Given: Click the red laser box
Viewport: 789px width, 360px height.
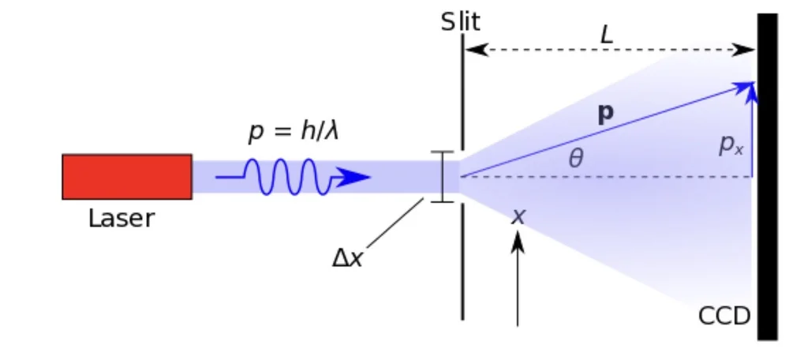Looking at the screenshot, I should (x=127, y=176).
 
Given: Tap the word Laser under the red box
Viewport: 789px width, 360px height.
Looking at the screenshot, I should (x=122, y=218).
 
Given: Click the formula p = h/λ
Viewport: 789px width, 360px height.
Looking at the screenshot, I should (x=294, y=132).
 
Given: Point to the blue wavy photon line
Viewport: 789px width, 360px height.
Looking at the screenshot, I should (x=284, y=177).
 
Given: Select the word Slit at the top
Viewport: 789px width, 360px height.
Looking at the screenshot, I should (x=461, y=21).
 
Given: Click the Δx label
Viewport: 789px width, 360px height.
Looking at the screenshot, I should (x=347, y=258).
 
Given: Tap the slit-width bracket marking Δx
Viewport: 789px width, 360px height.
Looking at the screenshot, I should (x=442, y=176).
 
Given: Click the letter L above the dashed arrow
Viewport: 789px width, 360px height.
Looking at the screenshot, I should (x=606, y=35).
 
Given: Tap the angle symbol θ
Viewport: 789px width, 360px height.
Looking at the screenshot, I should (x=576, y=159).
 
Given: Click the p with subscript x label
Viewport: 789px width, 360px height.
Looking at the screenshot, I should (x=730, y=145).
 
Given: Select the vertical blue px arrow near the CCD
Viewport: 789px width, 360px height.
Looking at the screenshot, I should (x=752, y=134).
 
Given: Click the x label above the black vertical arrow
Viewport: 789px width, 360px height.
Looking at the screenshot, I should (x=518, y=216).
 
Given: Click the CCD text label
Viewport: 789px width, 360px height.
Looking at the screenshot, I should (x=724, y=317).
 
